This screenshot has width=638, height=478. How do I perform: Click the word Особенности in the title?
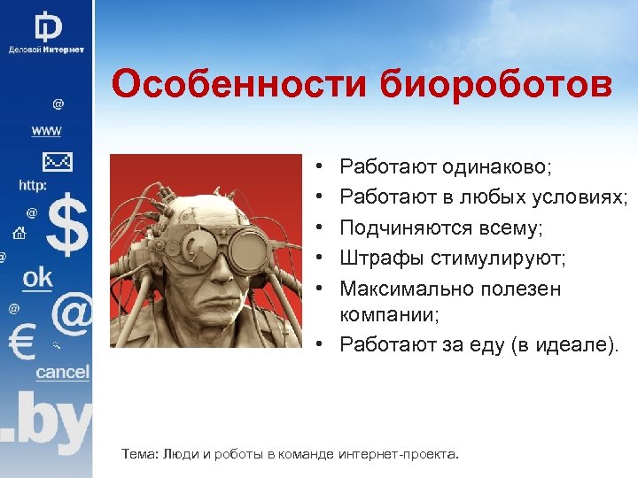click(239, 85)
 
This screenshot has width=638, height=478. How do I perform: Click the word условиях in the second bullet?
click(580, 197)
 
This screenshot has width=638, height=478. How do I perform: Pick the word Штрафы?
click(381, 258)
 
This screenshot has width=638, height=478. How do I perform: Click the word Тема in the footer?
click(138, 454)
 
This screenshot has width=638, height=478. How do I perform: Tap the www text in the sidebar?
click(46, 130)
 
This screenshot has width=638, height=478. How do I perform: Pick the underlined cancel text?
click(62, 372)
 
